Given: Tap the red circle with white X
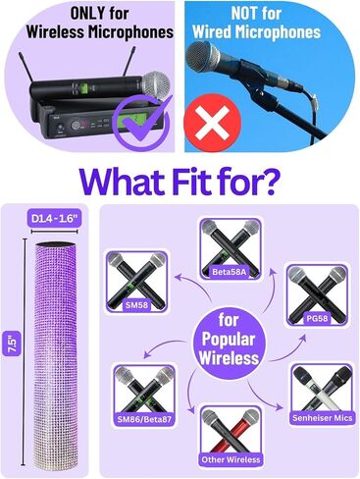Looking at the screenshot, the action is tap(213, 123).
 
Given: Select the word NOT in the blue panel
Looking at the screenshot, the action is tap(243, 14).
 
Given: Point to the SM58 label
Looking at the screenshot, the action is tap(136, 305).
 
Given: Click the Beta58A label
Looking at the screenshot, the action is tap(231, 272).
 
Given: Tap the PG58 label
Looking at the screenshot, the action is tap(317, 318).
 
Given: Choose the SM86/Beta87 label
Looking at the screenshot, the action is tap(144, 419).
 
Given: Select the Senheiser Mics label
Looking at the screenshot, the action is tap(323, 418).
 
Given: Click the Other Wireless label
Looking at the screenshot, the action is tap(231, 459).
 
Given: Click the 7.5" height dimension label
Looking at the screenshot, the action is tap(13, 344).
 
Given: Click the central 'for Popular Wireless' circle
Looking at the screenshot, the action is tap(229, 341).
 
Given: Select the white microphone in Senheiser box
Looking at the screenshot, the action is tap(313, 391).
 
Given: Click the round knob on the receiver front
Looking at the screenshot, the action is tap(76, 126).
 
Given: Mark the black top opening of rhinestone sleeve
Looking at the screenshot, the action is tap(56, 244).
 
